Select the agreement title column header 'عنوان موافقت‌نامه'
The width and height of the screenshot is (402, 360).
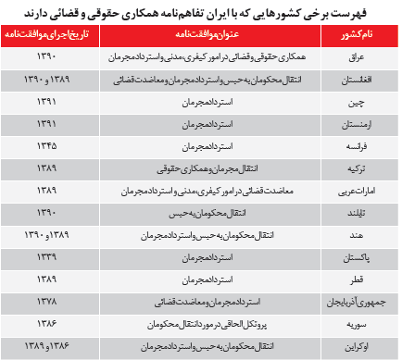coord(196,35)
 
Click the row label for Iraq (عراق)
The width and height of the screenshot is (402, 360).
coord(350,57)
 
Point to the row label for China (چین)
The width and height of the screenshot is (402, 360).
coord(350,101)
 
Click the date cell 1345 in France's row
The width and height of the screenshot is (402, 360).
coord(46,143)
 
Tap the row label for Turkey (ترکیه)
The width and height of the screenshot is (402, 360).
coord(350,167)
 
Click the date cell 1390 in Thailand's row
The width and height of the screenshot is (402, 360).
coord(46,211)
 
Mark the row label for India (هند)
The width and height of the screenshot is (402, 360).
coord(350,233)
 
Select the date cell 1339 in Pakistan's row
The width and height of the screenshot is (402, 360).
coord(46,255)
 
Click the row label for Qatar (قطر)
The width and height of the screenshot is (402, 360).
coord(350,278)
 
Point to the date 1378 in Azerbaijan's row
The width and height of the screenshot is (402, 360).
coord(46,301)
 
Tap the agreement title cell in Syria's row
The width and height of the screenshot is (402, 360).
coord(196,323)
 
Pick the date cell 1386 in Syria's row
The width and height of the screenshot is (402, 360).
coord(46,323)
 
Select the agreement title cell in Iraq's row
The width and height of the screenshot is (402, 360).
coord(196,57)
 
